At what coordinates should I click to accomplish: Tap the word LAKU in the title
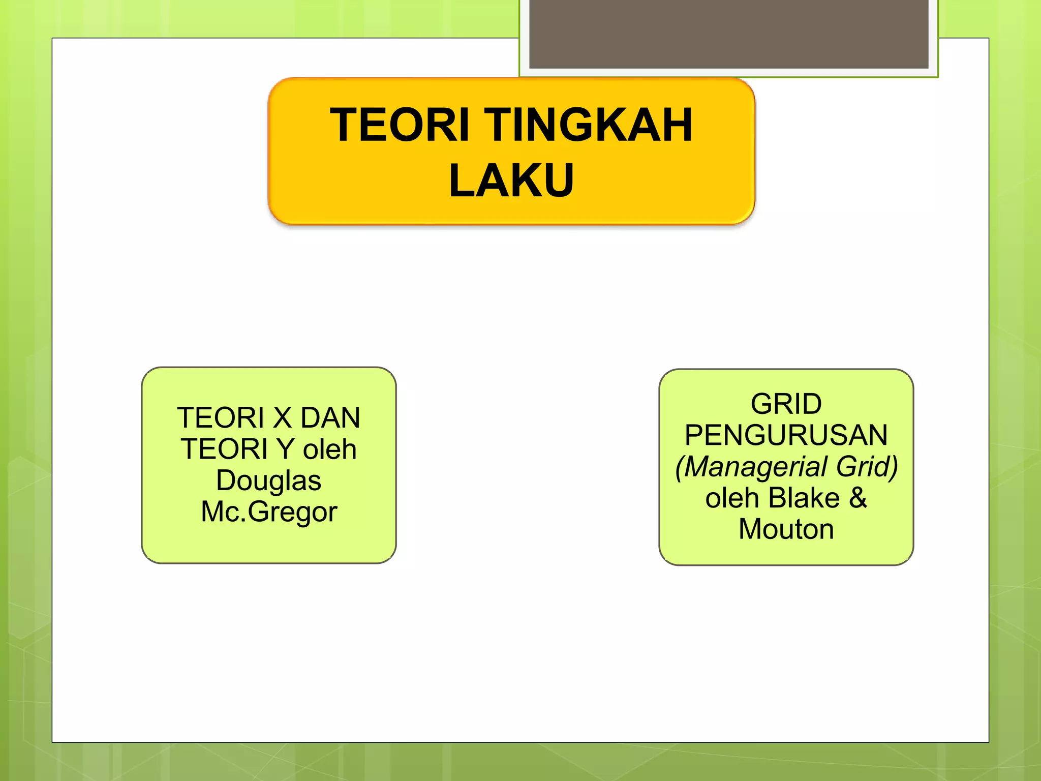(x=511, y=180)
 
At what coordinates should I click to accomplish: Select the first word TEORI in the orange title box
(x=400, y=125)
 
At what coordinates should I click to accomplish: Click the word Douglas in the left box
(x=268, y=480)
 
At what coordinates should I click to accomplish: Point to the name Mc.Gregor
(x=269, y=512)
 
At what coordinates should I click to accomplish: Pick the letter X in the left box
(x=282, y=418)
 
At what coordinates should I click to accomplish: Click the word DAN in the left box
(x=330, y=418)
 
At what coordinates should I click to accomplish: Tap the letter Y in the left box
(x=286, y=449)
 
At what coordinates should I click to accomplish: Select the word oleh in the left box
(x=330, y=449)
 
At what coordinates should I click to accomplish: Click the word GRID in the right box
(x=786, y=404)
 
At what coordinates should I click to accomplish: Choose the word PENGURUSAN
(x=786, y=435)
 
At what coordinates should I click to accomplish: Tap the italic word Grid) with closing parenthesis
(x=867, y=467)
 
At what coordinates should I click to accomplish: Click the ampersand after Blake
(x=858, y=498)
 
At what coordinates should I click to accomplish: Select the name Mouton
(x=786, y=529)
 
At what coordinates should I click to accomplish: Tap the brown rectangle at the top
(x=728, y=34)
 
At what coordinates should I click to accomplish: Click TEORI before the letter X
(x=221, y=418)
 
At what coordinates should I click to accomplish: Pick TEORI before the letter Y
(x=224, y=449)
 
